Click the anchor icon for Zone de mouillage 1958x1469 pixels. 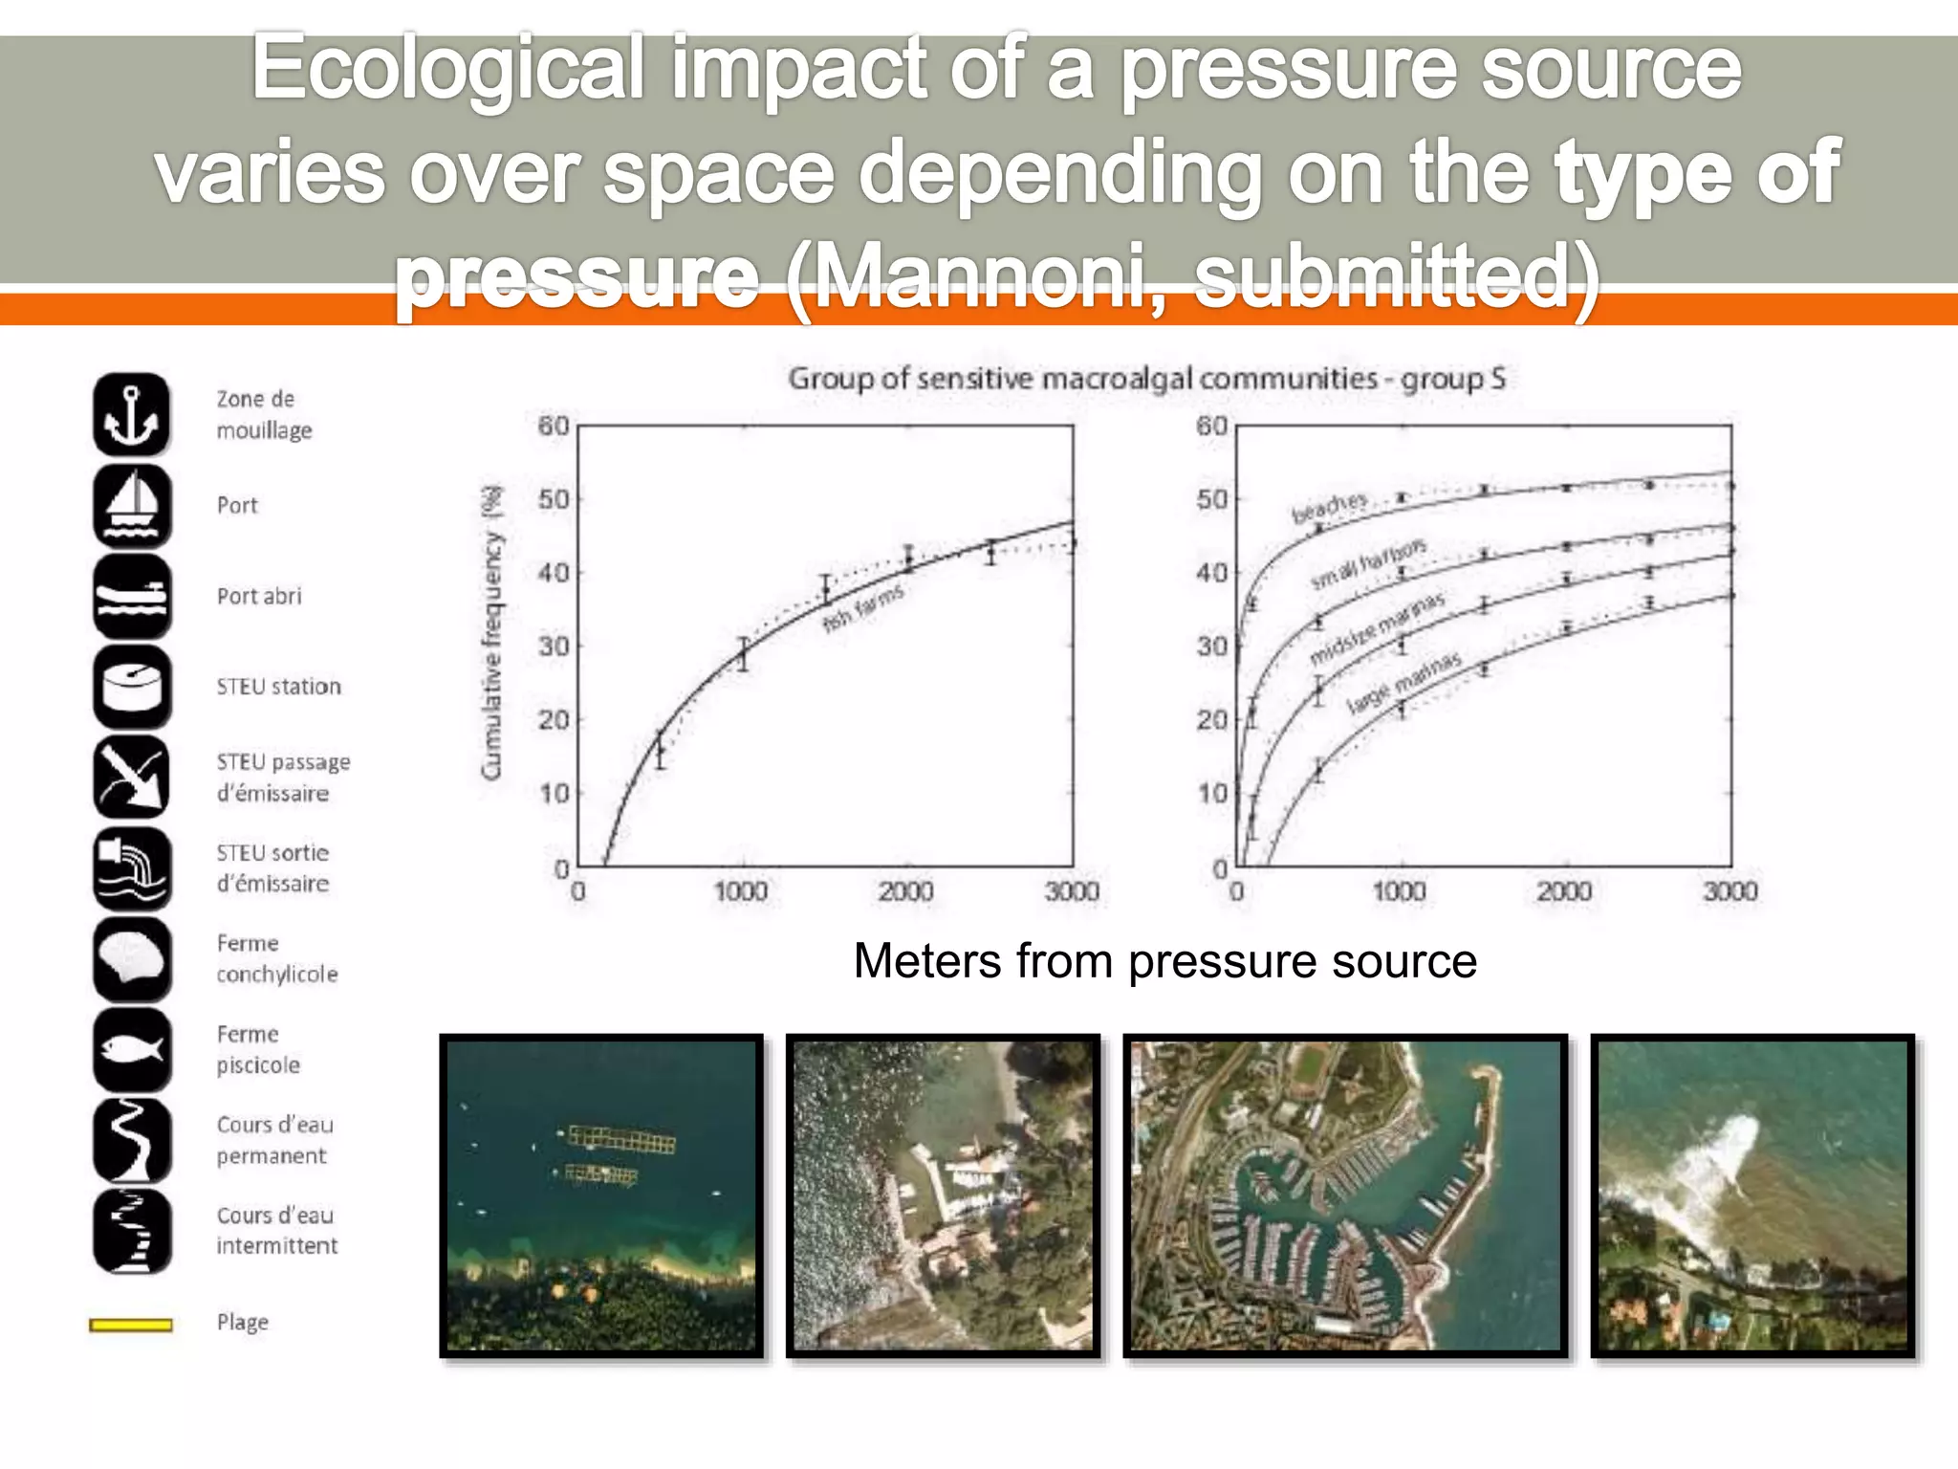click(x=132, y=415)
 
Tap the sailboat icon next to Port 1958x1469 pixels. click(x=132, y=506)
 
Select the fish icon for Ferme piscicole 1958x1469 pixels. click(x=132, y=1049)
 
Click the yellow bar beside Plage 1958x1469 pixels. click(x=131, y=1325)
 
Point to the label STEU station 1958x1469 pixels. click(x=278, y=687)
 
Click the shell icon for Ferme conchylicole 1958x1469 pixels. click(x=132, y=958)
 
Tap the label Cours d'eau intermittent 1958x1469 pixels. click(x=276, y=1230)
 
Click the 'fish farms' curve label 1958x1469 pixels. click(x=862, y=607)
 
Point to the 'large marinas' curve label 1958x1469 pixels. click(x=1403, y=682)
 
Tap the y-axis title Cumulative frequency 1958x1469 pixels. click(x=491, y=632)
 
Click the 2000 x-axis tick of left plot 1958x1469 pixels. click(x=905, y=891)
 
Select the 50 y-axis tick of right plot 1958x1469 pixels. click(x=1211, y=499)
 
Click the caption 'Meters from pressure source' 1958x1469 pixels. click(x=1164, y=960)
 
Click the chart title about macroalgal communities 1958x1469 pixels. click(x=1146, y=379)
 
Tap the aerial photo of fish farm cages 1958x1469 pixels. click(x=601, y=1195)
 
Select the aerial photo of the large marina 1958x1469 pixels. click(x=1345, y=1195)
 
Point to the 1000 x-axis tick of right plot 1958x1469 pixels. click(x=1399, y=891)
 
